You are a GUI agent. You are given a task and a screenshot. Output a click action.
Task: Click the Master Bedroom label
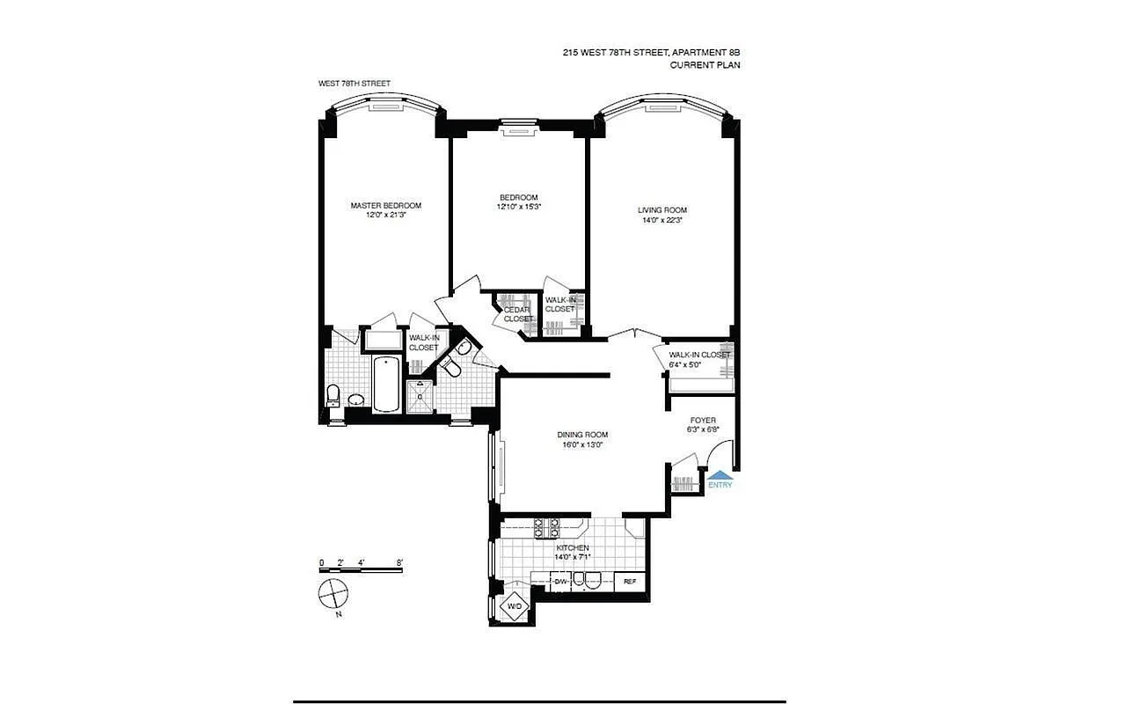[x=385, y=206]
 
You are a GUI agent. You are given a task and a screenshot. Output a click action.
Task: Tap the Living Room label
[x=662, y=210]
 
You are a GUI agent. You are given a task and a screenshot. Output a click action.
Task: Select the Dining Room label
[x=582, y=435]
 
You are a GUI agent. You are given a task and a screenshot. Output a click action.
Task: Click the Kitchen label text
[x=572, y=548]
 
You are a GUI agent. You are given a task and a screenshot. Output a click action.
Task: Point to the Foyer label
[x=702, y=421]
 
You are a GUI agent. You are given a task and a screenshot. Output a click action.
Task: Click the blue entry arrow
[x=720, y=475]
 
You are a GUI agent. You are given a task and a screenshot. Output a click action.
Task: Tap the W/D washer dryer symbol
[x=515, y=606]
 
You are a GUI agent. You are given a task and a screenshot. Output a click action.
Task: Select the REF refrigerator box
[x=630, y=582]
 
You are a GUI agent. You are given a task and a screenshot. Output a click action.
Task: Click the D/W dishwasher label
[x=560, y=581]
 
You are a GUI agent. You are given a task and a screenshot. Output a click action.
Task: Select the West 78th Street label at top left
[x=355, y=84]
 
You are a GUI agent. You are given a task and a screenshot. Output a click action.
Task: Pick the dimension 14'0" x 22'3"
[x=662, y=221]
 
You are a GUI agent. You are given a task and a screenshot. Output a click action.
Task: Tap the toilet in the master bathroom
[x=333, y=395]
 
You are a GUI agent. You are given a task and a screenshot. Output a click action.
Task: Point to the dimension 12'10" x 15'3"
[x=518, y=208]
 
